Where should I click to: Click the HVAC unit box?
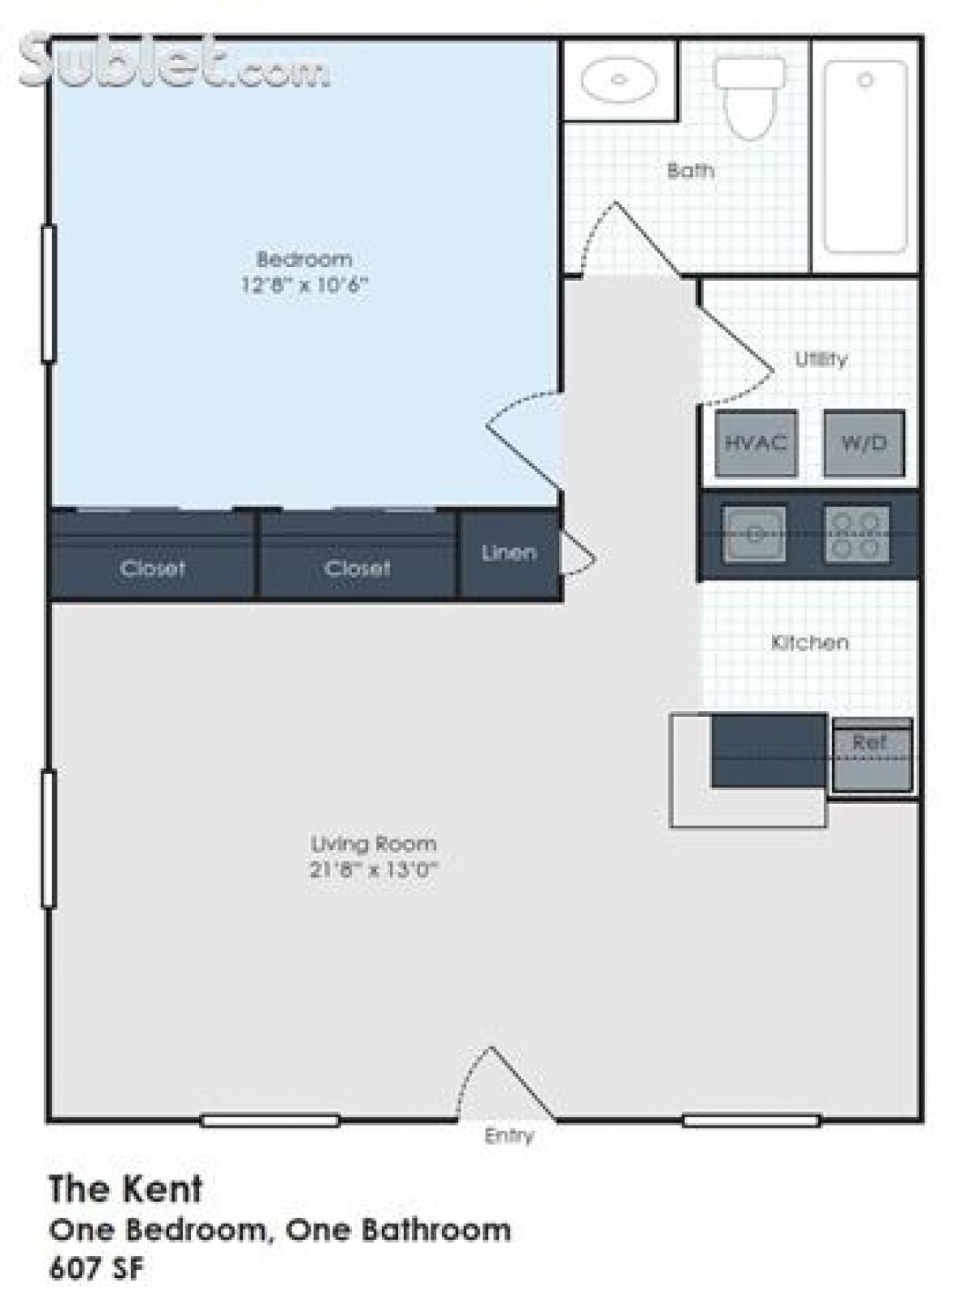pyautogui.click(x=756, y=443)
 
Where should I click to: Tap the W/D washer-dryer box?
pyautogui.click(x=864, y=443)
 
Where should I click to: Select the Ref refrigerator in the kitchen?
pyautogui.click(x=871, y=754)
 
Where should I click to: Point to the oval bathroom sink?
pyautogui.click(x=619, y=79)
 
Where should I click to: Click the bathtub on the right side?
pyautogui.click(x=865, y=158)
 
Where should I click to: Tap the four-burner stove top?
pyautogui.click(x=857, y=534)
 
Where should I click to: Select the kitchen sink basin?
pyautogui.click(x=754, y=534)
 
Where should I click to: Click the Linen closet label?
pyautogui.click(x=509, y=553)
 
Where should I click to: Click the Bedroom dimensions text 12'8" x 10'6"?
pyautogui.click(x=305, y=285)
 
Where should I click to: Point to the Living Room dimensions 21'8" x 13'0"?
pyautogui.click(x=374, y=870)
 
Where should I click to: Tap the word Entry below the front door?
pyautogui.click(x=509, y=1136)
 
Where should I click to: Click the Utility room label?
pyautogui.click(x=821, y=359)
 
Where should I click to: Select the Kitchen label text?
pyautogui.click(x=810, y=642)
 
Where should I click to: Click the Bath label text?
pyautogui.click(x=690, y=171)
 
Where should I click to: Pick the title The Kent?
pyautogui.click(x=125, y=1189)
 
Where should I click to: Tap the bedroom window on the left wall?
pyautogui.click(x=49, y=293)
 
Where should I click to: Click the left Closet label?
pyautogui.click(x=152, y=569)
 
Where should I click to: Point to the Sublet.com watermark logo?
pyautogui.click(x=174, y=63)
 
